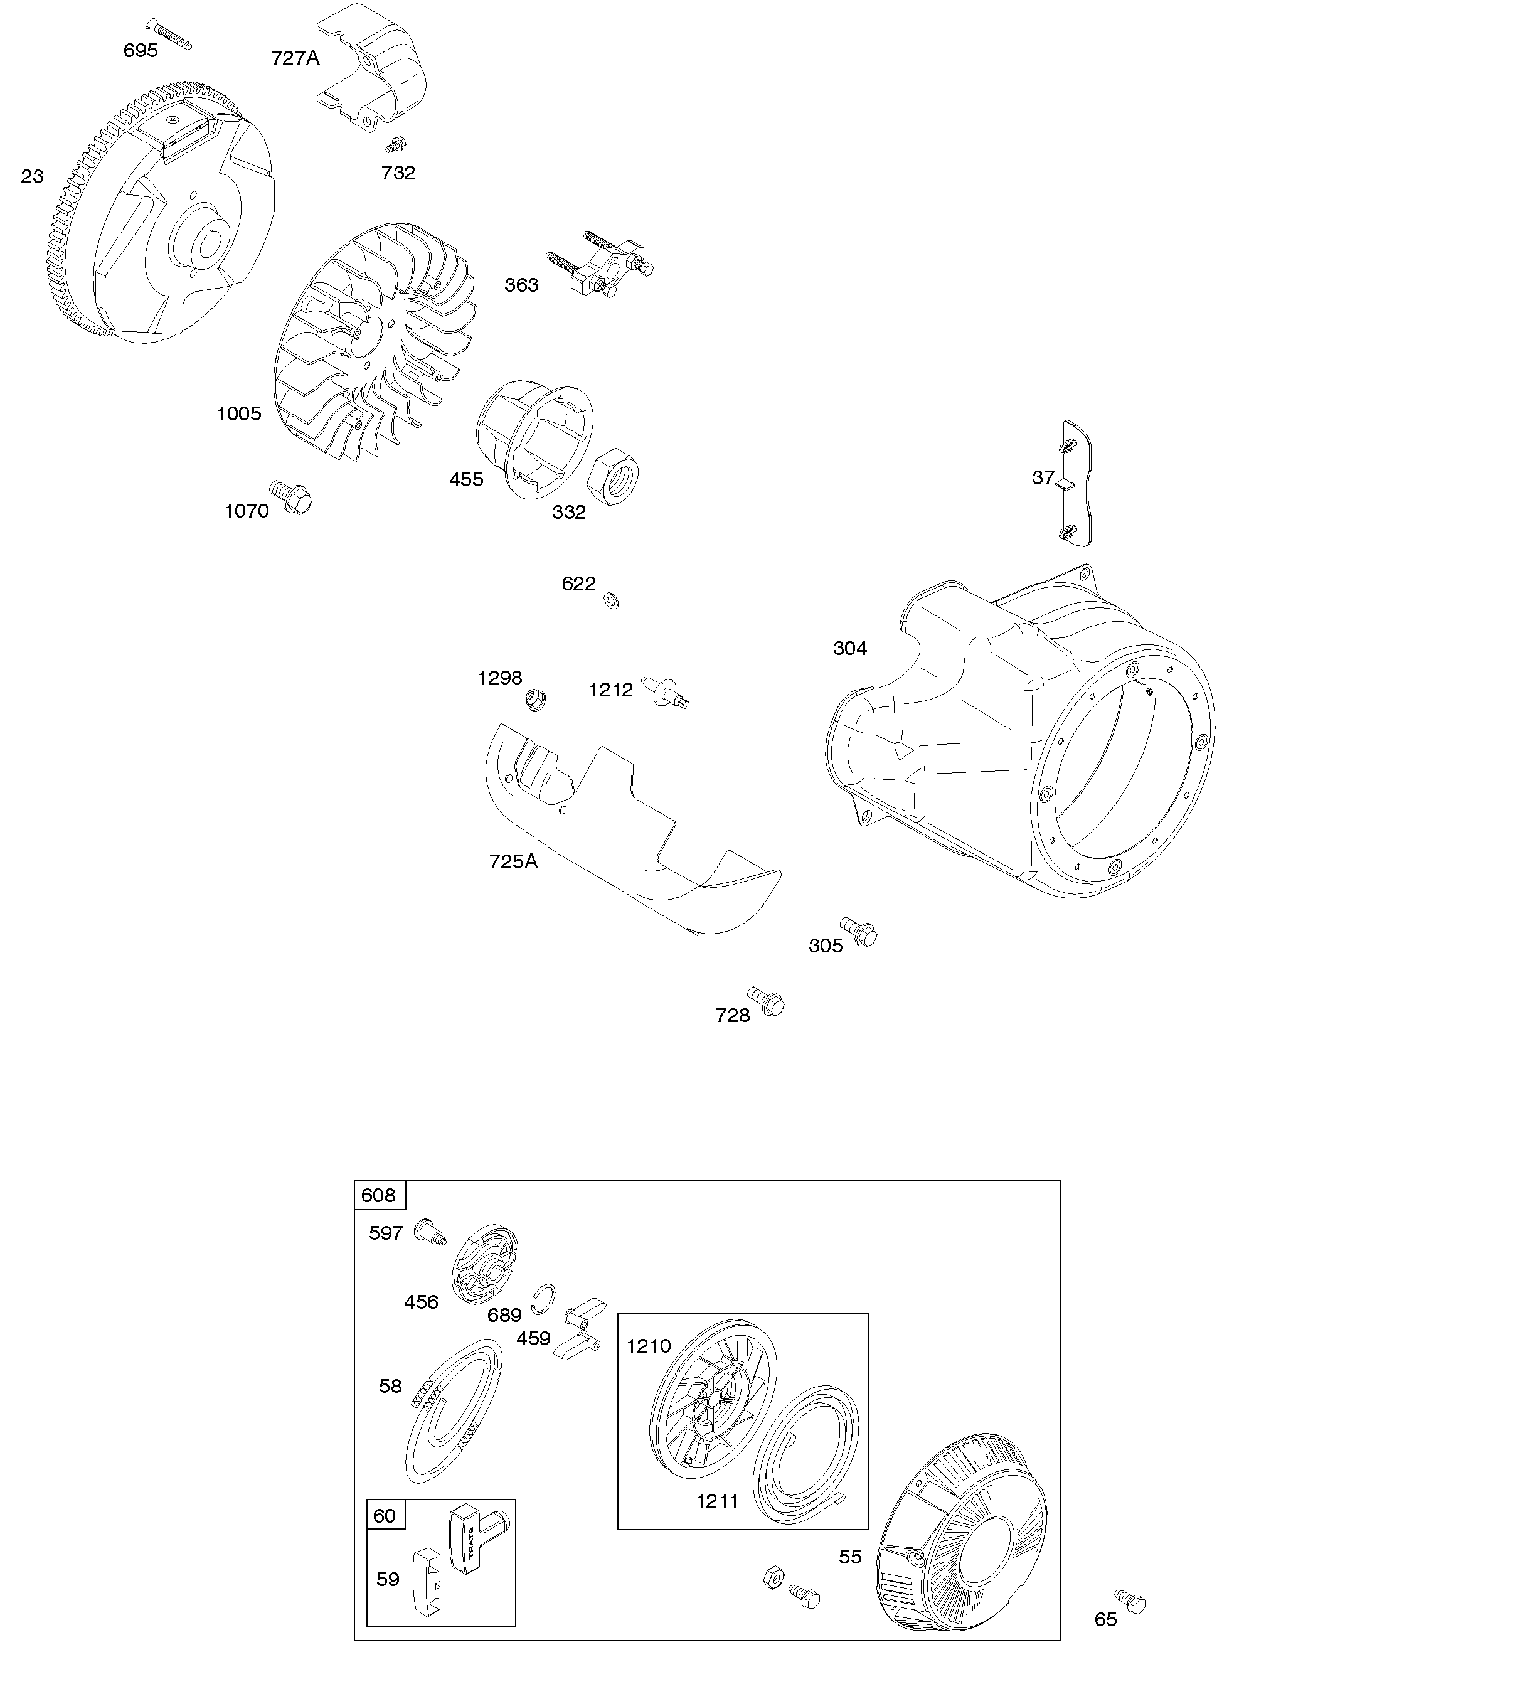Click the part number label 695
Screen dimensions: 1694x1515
coord(140,51)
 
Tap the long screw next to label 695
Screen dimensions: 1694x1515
coord(170,34)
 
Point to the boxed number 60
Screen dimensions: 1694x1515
coord(385,1515)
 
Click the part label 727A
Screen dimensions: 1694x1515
coord(295,58)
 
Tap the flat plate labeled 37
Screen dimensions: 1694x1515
coord(1078,484)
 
